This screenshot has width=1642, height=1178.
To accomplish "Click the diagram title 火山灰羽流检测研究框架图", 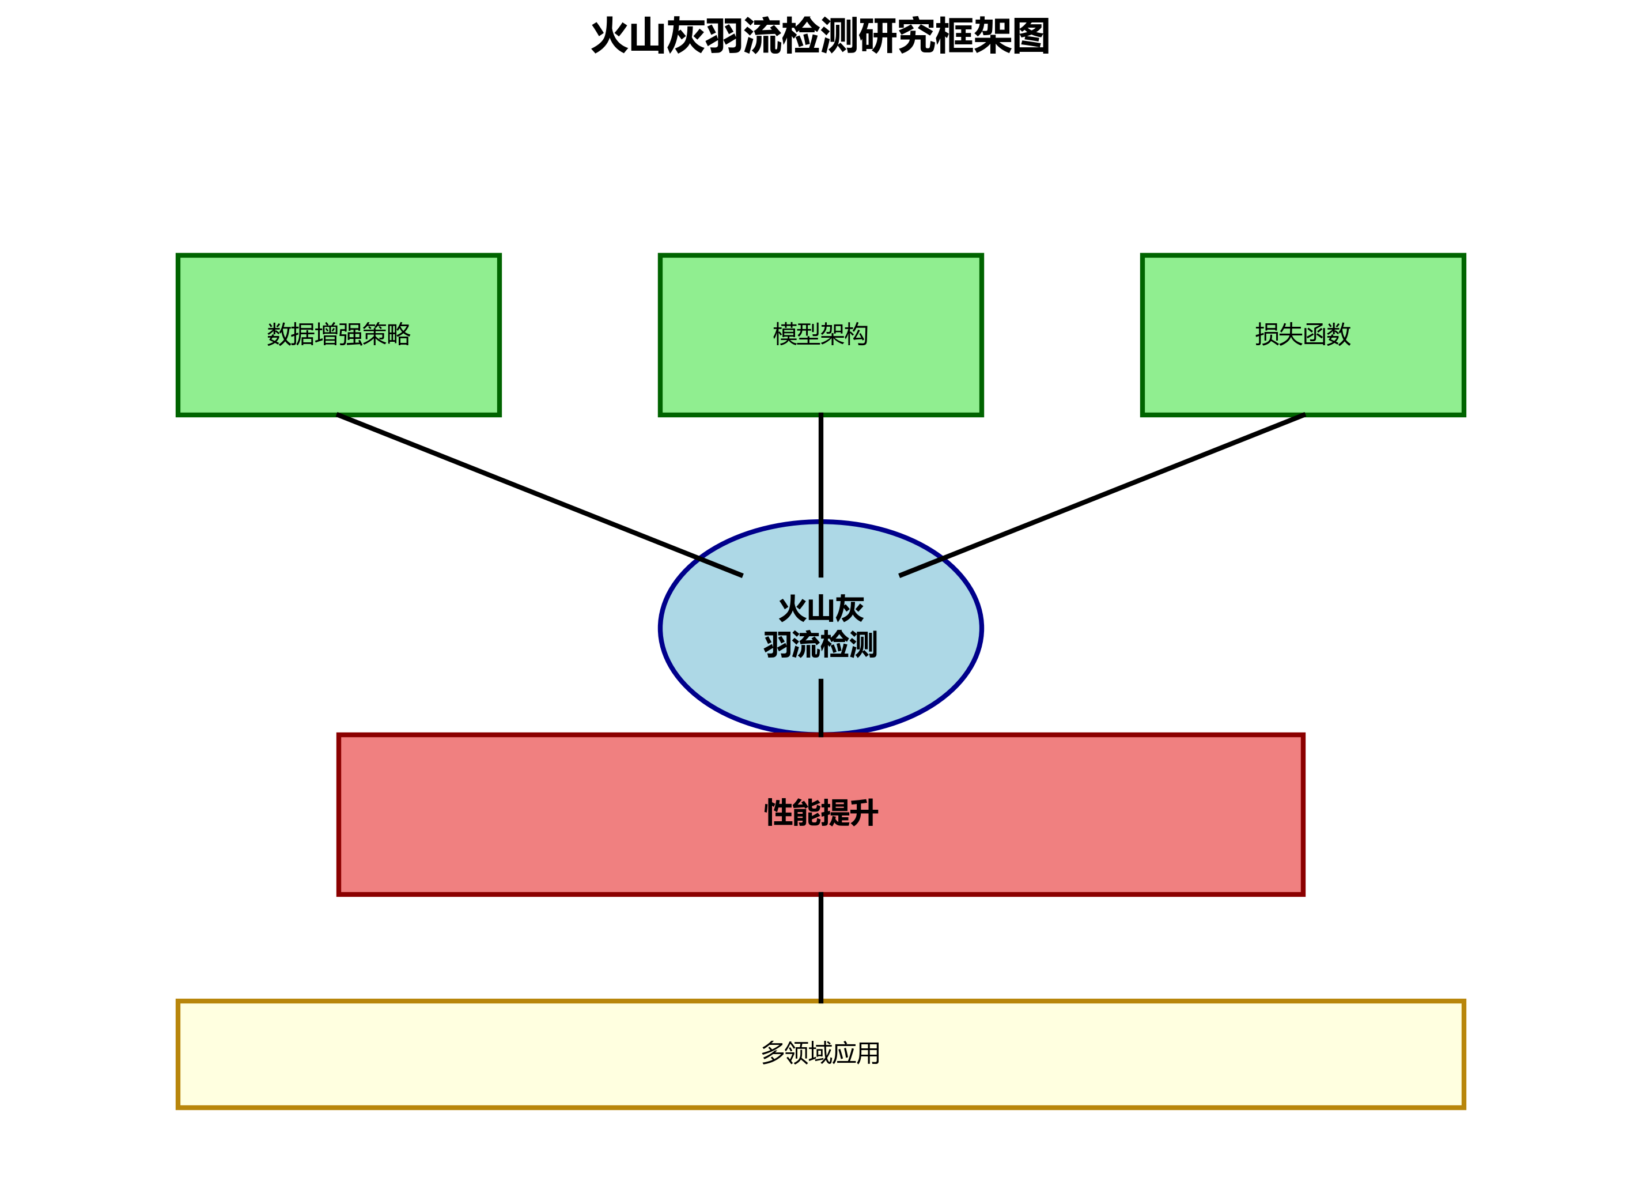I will tap(820, 36).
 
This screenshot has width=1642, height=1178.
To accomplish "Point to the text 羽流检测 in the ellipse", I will tap(820, 644).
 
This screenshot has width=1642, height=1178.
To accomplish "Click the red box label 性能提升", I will tap(821, 813).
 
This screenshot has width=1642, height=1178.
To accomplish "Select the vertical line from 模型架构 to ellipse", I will tap(820, 471).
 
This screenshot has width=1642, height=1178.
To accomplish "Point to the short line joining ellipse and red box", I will tap(820, 707).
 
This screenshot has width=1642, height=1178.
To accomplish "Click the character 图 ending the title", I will tap(1031, 36).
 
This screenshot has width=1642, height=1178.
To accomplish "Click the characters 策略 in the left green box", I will tap(387, 334).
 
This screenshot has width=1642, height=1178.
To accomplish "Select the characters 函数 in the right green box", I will tap(1326, 334).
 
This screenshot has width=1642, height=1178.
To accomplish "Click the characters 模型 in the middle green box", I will tap(796, 334).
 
